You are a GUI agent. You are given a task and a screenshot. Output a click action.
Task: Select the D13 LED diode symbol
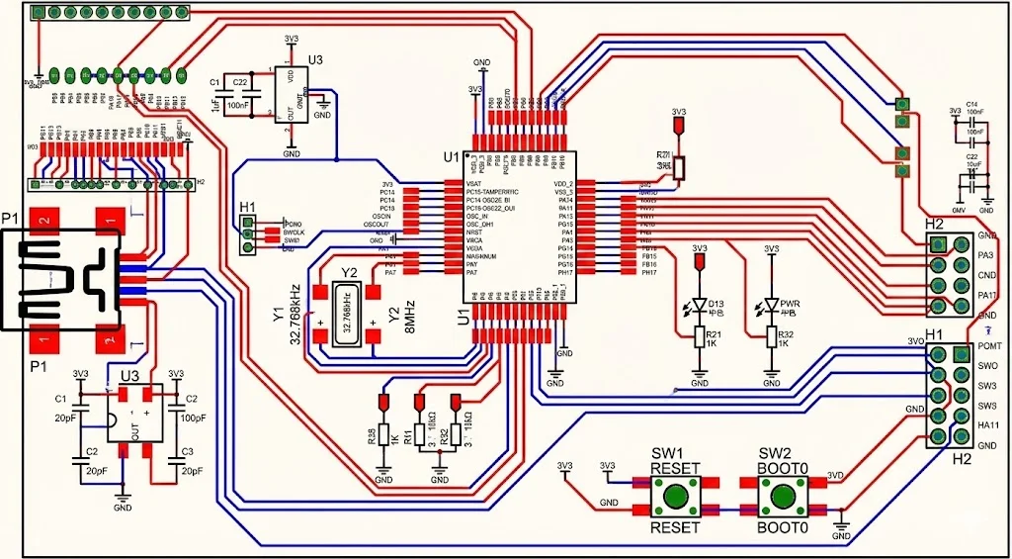(700, 305)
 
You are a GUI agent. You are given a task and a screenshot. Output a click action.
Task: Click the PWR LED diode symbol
(771, 305)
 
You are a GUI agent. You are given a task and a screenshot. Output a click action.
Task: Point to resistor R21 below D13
(700, 337)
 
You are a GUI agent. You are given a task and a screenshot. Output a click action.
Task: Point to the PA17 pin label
(986, 295)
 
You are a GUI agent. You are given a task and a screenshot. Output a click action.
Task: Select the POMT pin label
(989, 349)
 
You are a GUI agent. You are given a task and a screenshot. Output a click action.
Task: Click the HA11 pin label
(987, 425)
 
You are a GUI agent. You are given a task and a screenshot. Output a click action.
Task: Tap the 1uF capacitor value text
(216, 104)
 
